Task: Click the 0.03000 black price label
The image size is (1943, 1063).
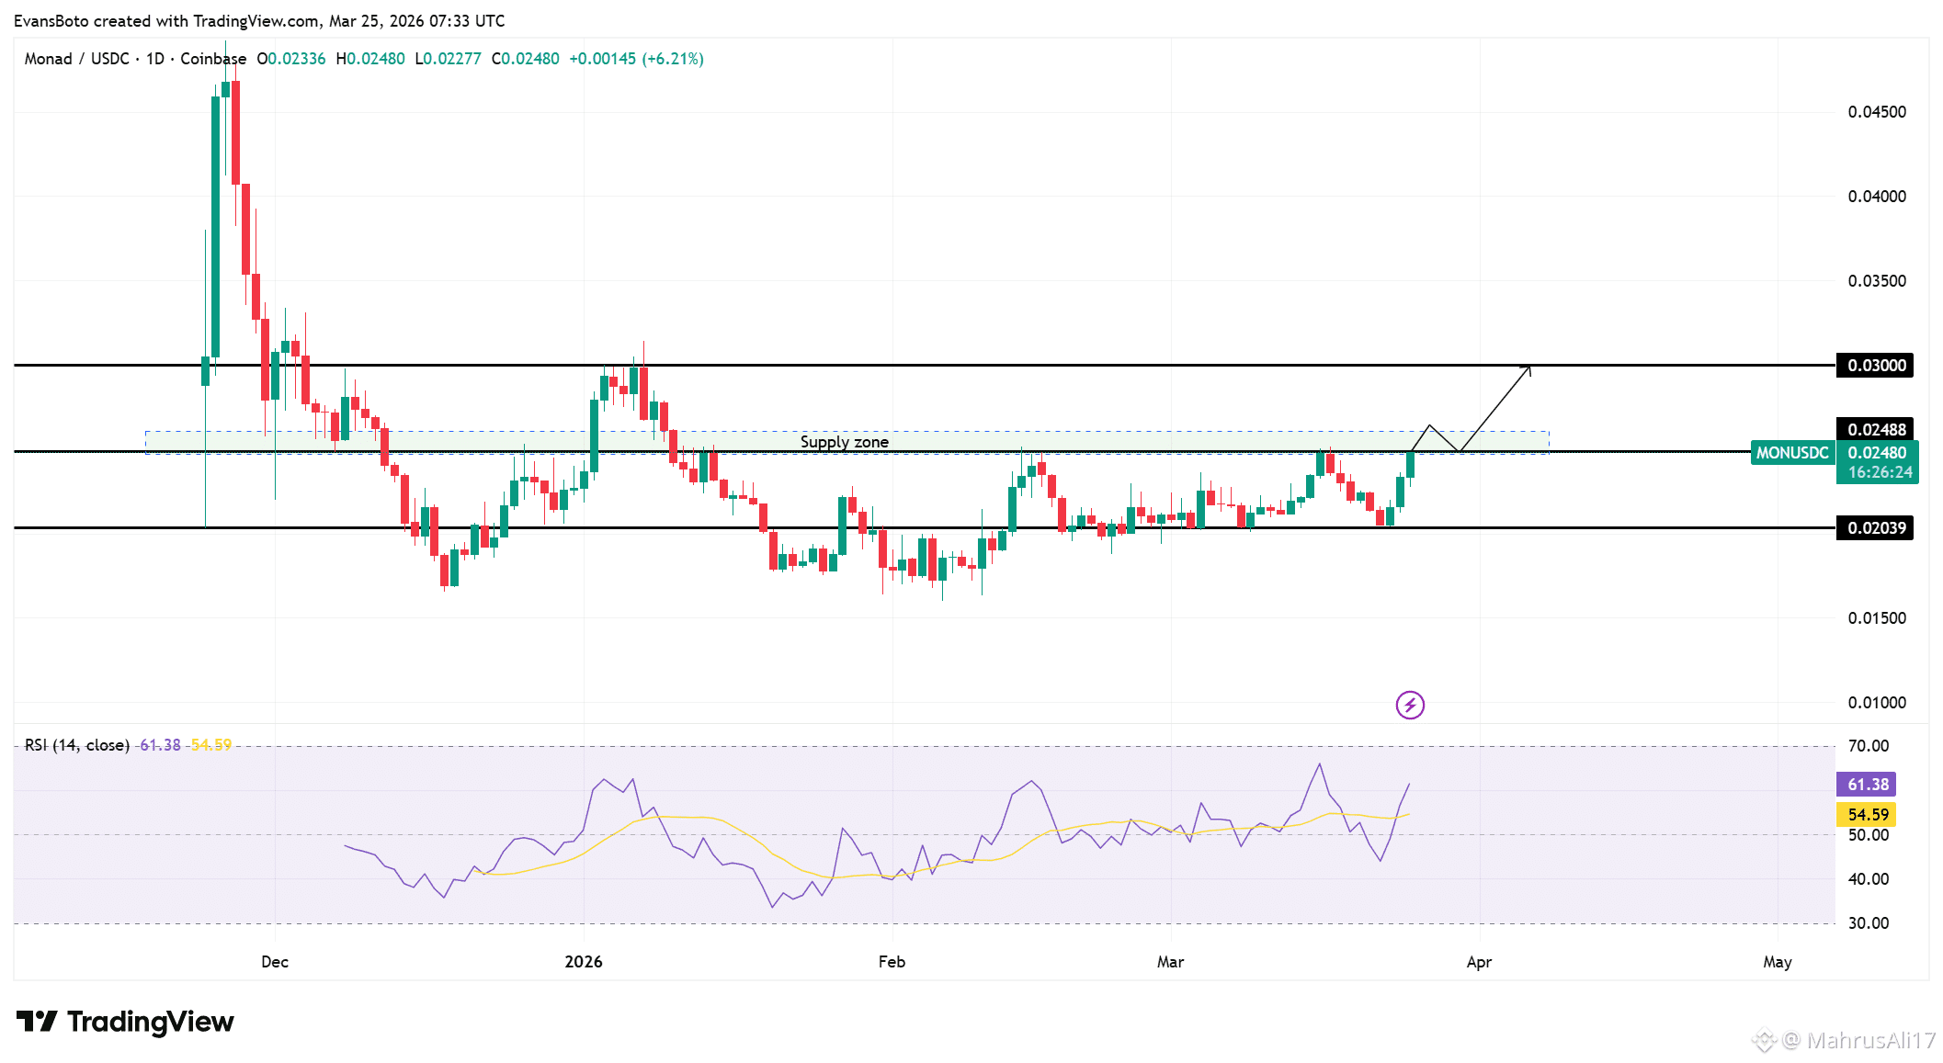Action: [x=1875, y=366]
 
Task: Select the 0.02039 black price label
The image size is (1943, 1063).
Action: [x=1875, y=528]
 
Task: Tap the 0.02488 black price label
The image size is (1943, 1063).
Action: [x=1875, y=430]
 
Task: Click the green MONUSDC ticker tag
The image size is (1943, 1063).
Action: [x=1791, y=453]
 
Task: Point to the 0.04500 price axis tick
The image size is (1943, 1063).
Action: [x=1877, y=112]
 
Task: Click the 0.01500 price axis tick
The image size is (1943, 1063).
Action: [x=1877, y=618]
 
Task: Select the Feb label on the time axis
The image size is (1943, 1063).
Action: [x=892, y=962]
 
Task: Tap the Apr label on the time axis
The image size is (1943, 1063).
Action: [x=1479, y=962]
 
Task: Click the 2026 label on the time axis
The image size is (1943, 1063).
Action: [x=584, y=962]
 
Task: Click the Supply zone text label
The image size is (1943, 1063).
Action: [x=844, y=442]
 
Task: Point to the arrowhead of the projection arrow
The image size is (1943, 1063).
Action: [x=1528, y=368]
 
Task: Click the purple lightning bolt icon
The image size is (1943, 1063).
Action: [x=1410, y=706]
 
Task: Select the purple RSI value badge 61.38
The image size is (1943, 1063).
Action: [x=1868, y=785]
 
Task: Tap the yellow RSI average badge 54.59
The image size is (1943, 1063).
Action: [x=1868, y=815]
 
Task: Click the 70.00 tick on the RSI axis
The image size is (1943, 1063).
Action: [x=1869, y=746]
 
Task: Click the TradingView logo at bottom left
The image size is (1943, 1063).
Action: [x=126, y=1022]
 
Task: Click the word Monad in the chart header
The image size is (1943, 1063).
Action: [x=48, y=59]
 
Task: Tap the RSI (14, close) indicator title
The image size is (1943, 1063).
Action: [x=77, y=745]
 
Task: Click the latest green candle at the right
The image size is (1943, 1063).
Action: [x=1410, y=465]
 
